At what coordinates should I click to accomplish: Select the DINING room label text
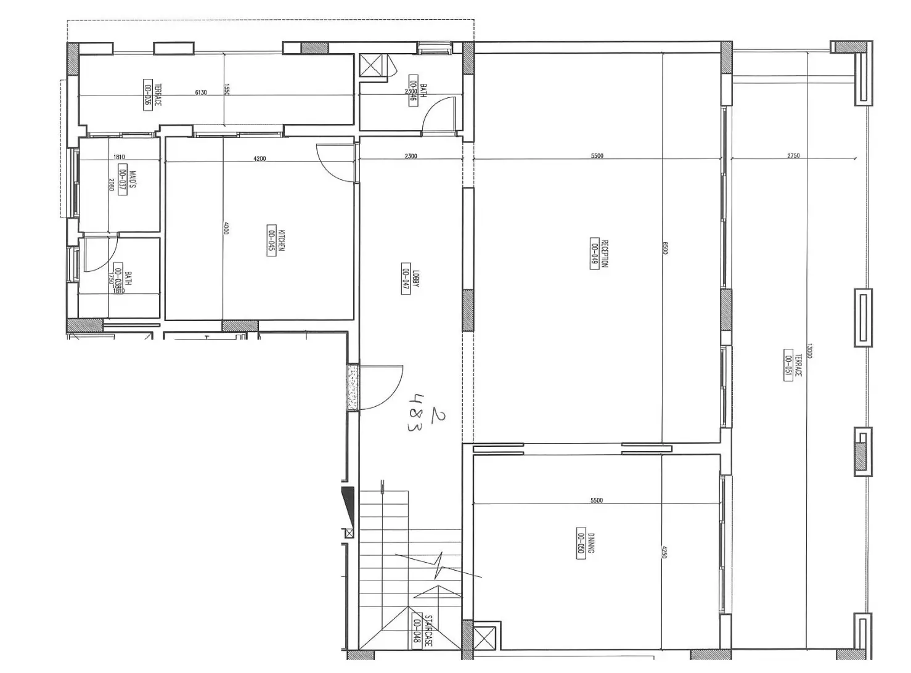(590, 542)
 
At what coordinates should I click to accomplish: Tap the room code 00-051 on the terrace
(788, 365)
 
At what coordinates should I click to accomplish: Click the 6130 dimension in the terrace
(201, 92)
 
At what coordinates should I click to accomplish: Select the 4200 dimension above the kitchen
(259, 158)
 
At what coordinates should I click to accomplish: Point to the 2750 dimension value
(793, 156)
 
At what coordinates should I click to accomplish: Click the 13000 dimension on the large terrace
(809, 351)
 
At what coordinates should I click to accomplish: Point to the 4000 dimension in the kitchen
(226, 228)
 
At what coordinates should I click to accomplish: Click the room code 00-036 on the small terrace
(148, 94)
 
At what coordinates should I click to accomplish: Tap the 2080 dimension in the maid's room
(112, 184)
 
